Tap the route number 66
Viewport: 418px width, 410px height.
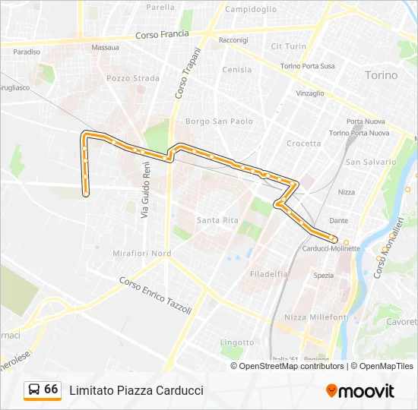click(x=51, y=389)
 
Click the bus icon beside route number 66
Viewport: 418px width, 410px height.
click(x=34, y=389)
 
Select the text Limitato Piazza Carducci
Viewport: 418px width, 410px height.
click(x=136, y=390)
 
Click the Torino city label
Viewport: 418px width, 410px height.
click(x=382, y=75)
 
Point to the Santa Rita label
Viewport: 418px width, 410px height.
click(x=218, y=220)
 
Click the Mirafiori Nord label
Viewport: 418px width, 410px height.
click(x=141, y=254)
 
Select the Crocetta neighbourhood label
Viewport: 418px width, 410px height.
click(x=304, y=143)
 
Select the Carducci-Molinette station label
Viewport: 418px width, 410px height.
click(x=331, y=248)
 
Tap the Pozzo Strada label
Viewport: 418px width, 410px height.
click(x=133, y=78)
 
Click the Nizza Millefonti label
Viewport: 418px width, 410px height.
click(x=316, y=317)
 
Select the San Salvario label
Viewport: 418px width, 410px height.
click(x=371, y=162)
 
